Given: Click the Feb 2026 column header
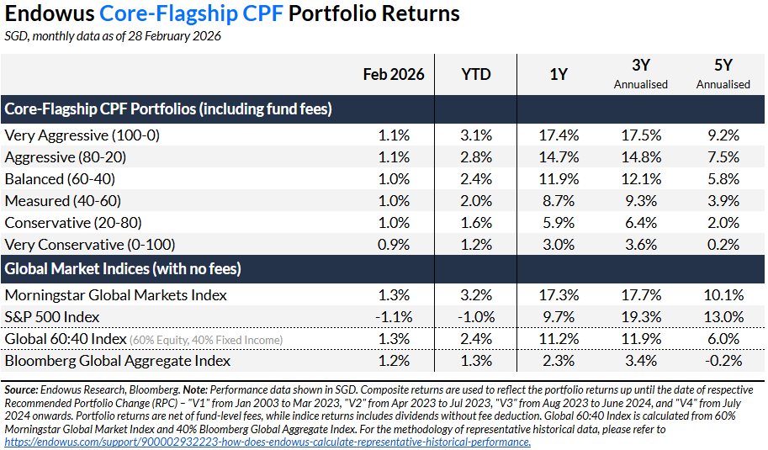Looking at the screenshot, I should coord(393,74).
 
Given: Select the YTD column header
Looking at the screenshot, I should coord(475,74).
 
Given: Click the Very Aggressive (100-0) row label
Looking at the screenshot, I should coord(82,135).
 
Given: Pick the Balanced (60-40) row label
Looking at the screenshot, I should coord(60,178).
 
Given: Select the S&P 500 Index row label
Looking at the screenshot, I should coord(52,317).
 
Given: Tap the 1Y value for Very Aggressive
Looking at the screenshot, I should coord(558,135).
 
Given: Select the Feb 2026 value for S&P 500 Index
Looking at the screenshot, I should coord(392,317).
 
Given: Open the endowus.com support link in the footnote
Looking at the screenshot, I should coord(267,442).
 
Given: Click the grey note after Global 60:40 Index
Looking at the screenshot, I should coord(205,340).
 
